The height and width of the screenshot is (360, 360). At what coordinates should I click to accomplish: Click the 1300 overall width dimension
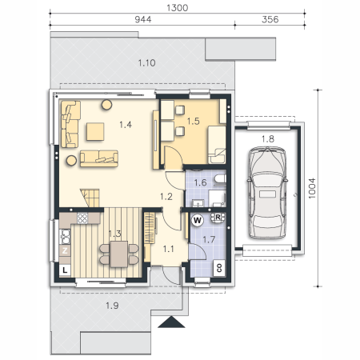[x=178, y=8]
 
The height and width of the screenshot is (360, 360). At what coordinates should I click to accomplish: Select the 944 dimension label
[x=143, y=19]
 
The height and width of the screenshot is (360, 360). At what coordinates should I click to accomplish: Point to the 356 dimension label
[x=270, y=19]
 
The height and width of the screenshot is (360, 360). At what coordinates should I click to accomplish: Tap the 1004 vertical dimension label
[x=312, y=188]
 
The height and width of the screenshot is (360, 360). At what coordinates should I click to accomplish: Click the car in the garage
[x=267, y=193]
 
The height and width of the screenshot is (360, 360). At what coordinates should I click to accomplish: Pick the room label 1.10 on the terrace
[x=146, y=63]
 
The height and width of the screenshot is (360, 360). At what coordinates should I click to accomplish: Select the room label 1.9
[x=112, y=306]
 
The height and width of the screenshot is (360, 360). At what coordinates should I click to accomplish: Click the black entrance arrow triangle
[x=171, y=322]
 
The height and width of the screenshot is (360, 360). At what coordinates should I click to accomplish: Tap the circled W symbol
[x=198, y=220]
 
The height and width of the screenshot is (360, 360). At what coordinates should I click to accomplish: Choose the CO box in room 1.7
[x=219, y=268]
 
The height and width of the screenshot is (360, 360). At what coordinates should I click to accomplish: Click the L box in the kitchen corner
[x=65, y=270]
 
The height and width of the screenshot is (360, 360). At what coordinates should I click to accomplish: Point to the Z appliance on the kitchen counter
[x=65, y=250]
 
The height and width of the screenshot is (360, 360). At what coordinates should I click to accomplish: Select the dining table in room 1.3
[x=119, y=254]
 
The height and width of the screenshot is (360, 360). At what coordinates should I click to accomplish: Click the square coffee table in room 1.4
[x=95, y=131]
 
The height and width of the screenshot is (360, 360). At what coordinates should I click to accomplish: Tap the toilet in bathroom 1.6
[x=220, y=179]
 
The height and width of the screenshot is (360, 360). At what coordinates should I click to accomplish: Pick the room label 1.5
[x=194, y=122]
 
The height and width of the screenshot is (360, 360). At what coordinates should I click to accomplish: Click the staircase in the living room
[x=90, y=198]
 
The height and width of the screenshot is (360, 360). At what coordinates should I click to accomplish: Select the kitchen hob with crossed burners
[x=82, y=218]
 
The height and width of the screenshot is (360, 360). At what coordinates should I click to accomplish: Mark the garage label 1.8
[x=268, y=139]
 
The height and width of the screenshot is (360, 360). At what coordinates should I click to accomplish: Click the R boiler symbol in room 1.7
[x=218, y=218]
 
